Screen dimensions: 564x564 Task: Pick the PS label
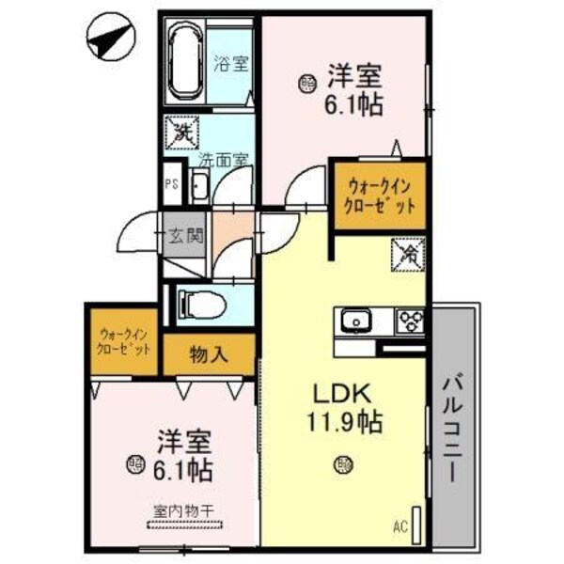tap(171, 184)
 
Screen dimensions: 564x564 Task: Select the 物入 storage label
tap(209, 354)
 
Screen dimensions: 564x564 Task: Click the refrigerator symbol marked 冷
tap(410, 254)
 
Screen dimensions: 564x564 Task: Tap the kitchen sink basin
tap(358, 321)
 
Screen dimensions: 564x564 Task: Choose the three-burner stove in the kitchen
tap(411, 321)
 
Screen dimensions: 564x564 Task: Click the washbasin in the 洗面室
tap(199, 186)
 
